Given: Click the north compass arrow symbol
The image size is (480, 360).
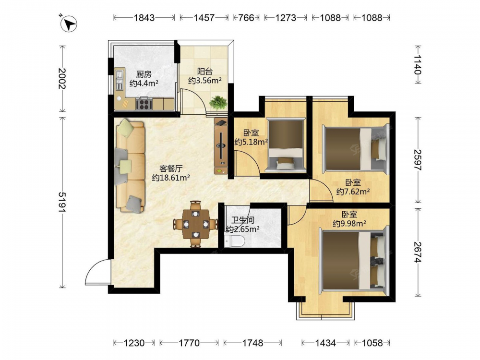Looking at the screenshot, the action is [69, 24].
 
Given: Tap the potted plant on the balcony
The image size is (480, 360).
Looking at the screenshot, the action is [218, 103].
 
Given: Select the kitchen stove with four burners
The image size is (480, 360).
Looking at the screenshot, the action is [144, 104].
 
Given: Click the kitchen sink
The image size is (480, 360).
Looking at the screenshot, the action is [120, 79].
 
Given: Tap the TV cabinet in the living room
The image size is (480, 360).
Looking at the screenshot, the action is [221, 146].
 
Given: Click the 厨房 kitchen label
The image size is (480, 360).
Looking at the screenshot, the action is [144, 74].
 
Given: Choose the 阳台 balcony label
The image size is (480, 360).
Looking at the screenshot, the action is [205, 72].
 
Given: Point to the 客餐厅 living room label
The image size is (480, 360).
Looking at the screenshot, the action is [171, 168].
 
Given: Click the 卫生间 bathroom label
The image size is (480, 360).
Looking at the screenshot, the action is [242, 220].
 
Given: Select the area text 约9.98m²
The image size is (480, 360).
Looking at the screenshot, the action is [349, 224].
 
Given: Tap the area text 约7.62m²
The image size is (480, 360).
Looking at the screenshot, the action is [353, 192].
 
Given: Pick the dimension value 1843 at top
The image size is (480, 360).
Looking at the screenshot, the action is [144, 18].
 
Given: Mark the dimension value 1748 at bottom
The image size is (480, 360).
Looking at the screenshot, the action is [252, 343].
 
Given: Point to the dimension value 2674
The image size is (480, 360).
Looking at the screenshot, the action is [418, 252].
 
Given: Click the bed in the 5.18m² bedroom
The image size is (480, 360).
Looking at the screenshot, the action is [286, 144].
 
